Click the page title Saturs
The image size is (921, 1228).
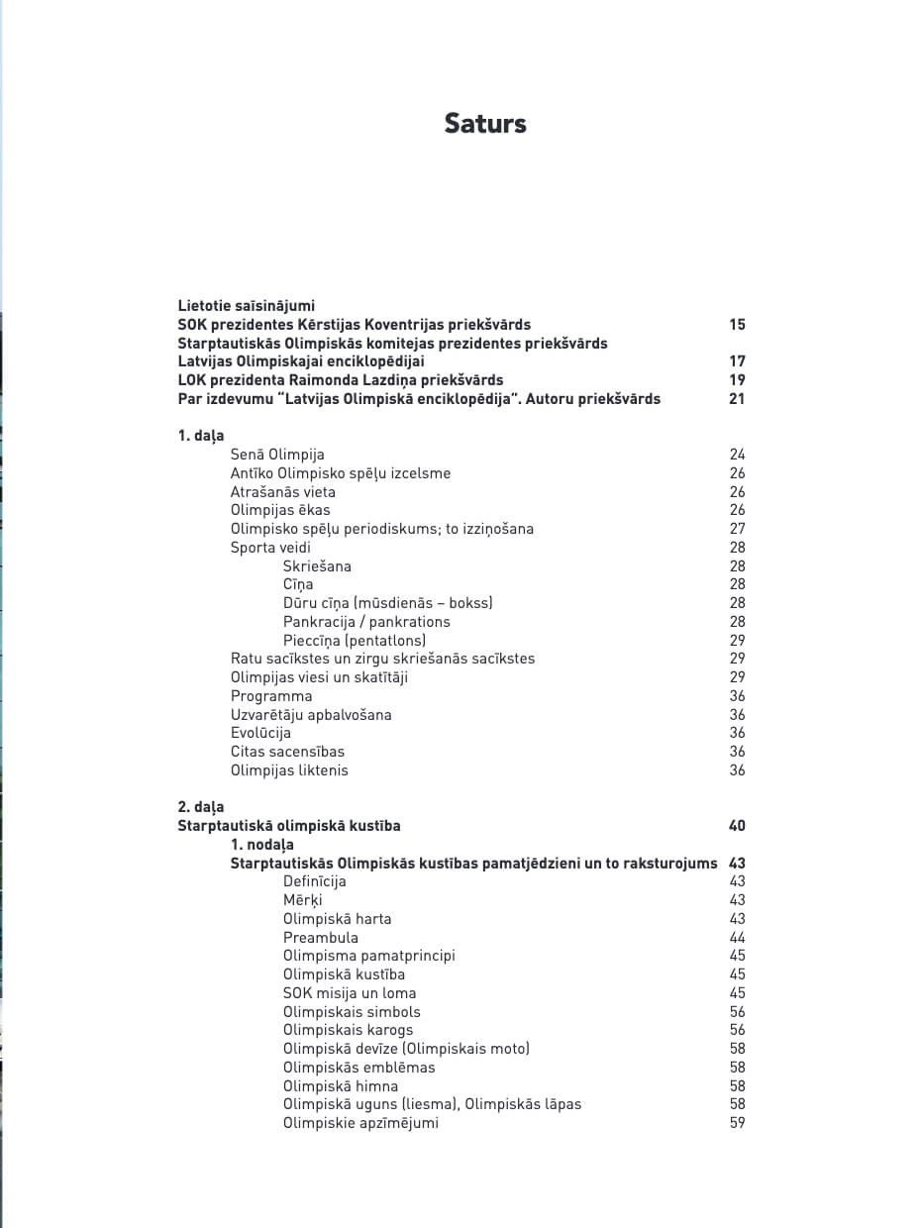pos(485,124)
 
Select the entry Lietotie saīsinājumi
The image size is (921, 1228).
pos(247,306)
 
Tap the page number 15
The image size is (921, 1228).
pos(737,325)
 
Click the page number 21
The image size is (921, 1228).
pos(737,399)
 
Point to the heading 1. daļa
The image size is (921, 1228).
pos(201,436)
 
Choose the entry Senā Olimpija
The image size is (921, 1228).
pos(277,455)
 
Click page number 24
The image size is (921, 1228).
pos(737,455)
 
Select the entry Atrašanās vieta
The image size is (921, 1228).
pos(283,492)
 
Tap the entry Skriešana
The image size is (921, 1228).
pos(317,566)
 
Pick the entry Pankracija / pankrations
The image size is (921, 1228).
pos(366,622)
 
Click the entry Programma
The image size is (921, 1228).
pos(271,696)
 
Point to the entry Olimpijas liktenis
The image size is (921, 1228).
pos(289,770)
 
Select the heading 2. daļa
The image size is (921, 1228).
pos(201,807)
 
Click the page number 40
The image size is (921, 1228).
pos(737,826)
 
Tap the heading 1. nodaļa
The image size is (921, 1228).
pos(262,845)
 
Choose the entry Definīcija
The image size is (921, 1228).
pos(315,881)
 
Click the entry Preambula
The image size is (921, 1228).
pos(321,938)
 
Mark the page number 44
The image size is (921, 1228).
pos(737,938)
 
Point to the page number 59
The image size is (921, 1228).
pos(737,1123)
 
